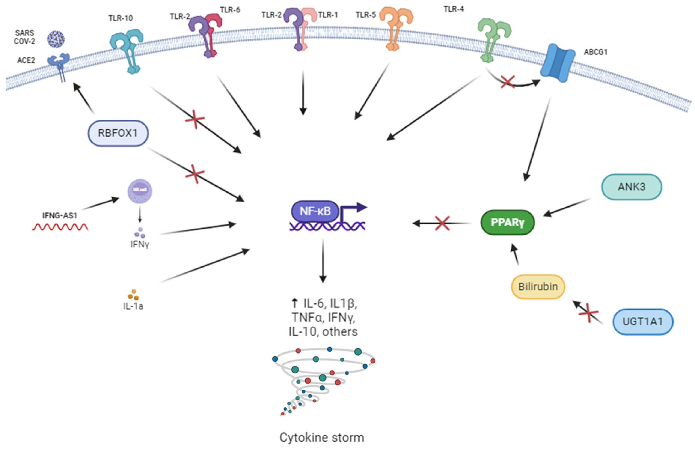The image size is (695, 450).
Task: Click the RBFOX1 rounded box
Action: click(118, 133)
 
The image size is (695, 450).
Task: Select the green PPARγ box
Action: click(507, 223)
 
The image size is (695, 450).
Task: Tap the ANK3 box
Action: click(631, 187)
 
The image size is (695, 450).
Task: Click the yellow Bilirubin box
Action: click(538, 287)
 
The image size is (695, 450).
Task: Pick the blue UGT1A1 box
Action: click(643, 322)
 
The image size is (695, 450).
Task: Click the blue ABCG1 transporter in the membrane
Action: click(557, 63)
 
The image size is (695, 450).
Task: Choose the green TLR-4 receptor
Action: click(493, 38)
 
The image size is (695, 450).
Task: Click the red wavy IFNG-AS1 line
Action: click(60, 227)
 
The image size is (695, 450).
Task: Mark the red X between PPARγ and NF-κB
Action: click(442, 223)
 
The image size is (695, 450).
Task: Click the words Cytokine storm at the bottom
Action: click(321, 437)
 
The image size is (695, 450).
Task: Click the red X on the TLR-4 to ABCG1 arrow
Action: click(508, 82)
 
